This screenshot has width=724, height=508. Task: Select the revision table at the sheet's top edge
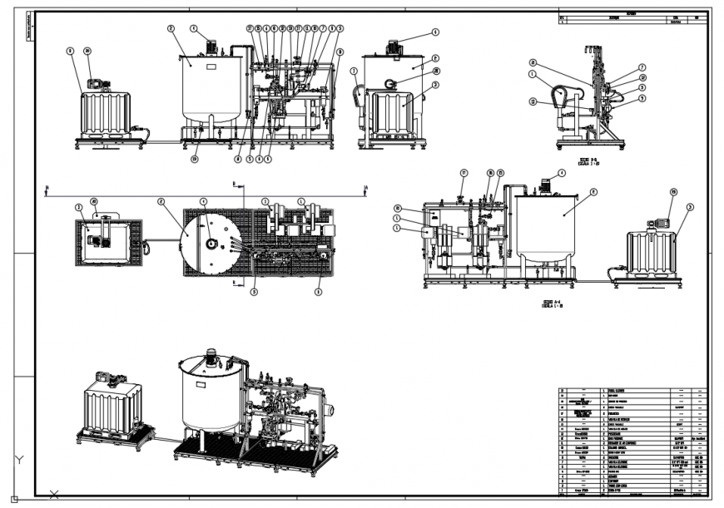tap(633, 21)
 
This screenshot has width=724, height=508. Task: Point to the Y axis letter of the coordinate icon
tap(21, 460)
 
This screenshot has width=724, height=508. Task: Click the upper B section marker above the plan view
tap(235, 180)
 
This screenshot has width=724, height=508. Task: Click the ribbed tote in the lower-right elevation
tap(653, 252)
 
